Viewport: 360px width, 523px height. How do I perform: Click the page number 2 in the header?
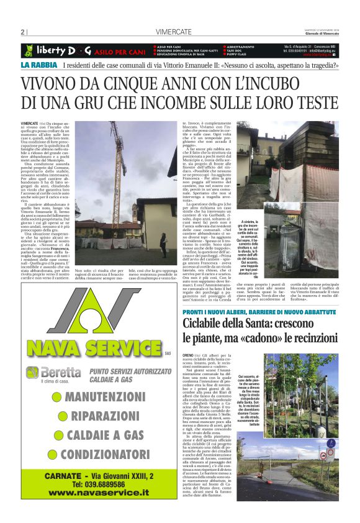22,32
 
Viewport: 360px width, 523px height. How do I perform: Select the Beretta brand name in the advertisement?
60,372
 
